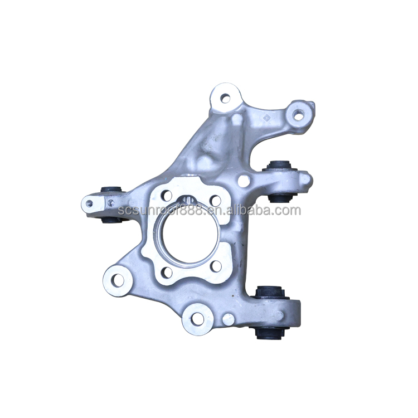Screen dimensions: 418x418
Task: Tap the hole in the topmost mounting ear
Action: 225,98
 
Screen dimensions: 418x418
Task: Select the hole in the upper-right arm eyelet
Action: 298,115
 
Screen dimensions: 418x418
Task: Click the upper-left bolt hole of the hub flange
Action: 167,196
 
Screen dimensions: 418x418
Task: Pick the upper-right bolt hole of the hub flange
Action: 215,201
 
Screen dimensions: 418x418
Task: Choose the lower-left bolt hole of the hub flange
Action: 167,272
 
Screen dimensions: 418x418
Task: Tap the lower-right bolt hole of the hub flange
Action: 216,266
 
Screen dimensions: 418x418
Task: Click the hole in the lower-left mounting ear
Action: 118,280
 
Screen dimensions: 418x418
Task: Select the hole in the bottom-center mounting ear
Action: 197,319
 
